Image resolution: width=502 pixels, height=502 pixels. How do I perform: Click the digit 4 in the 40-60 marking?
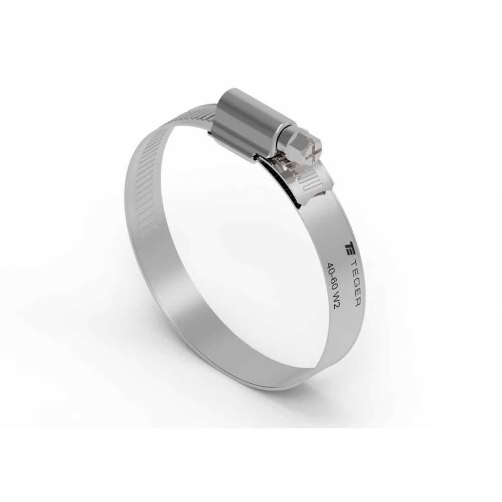(x=329, y=266)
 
